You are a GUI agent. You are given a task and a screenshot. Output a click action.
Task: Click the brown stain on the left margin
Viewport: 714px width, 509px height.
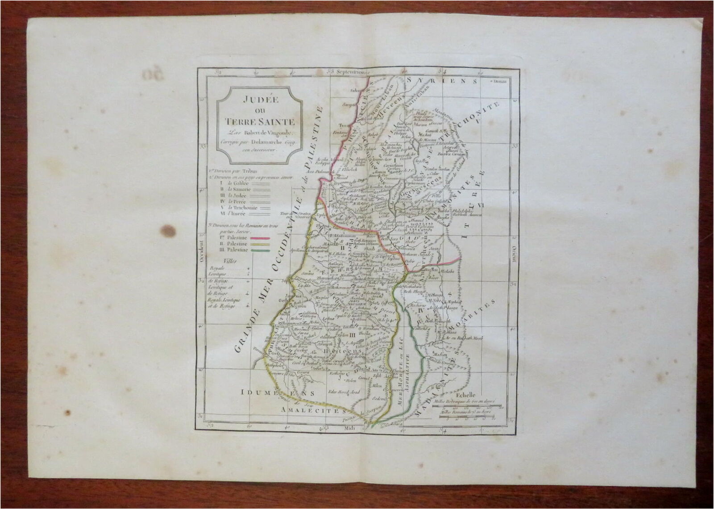(x=168, y=230)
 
